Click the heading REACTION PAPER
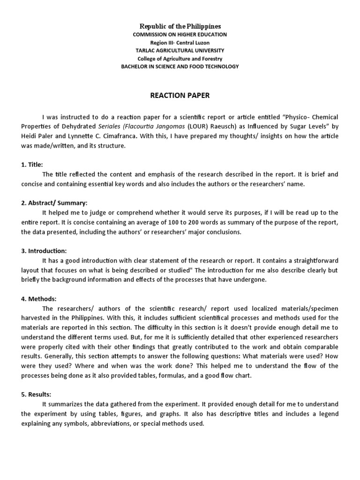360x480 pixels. (180, 96)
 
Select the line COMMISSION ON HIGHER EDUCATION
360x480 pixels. (180, 35)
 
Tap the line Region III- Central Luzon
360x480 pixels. (180, 43)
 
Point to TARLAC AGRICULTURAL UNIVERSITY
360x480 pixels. (180, 51)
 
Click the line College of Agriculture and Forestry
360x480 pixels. (180, 59)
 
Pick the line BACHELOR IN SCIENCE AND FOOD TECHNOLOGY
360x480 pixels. (180, 67)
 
